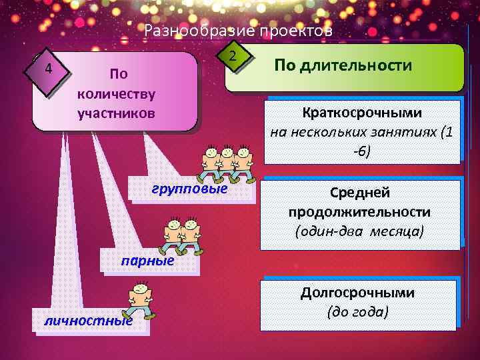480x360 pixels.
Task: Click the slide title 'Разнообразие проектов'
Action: [x=238, y=31]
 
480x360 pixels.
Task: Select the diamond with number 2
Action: [x=231, y=55]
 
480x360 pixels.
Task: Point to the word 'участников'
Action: [x=116, y=113]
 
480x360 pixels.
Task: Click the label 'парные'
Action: [x=147, y=261]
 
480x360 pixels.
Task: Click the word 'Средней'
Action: [x=360, y=193]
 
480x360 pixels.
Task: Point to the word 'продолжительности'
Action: [x=359, y=212]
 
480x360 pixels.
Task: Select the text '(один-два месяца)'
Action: [x=359, y=231]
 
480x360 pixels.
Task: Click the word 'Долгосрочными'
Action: [x=357, y=293]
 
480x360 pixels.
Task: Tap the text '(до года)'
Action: [x=357, y=311]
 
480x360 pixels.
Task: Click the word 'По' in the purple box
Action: [x=118, y=73]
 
